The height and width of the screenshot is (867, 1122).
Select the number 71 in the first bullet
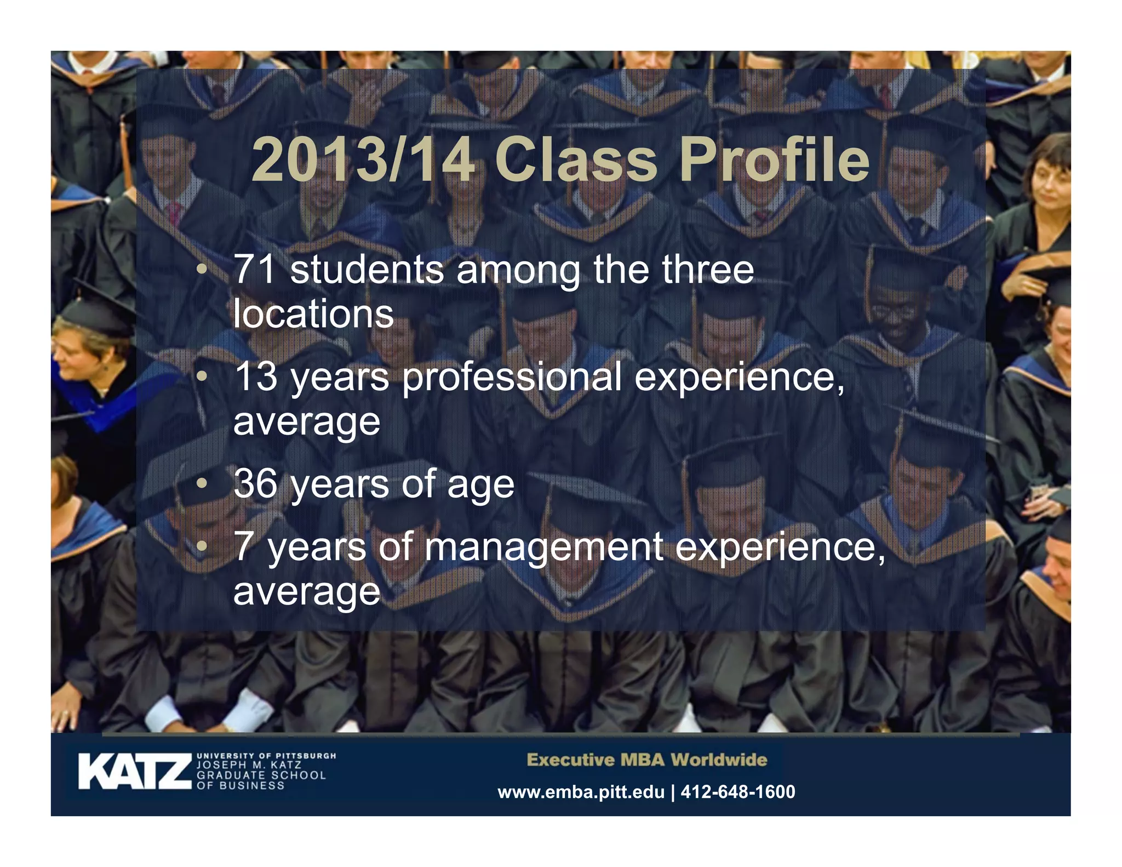click(254, 269)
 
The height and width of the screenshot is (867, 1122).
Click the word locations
click(313, 314)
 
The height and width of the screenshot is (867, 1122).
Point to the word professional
click(511, 377)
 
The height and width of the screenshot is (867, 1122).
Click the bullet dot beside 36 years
click(202, 483)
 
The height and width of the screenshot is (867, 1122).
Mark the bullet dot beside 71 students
click(202, 269)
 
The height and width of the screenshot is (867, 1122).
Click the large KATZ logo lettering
click(135, 772)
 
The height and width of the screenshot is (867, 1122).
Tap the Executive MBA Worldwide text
click(646, 760)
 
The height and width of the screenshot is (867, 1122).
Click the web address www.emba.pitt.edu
click(581, 792)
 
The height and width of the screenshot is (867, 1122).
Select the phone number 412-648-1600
click(737, 792)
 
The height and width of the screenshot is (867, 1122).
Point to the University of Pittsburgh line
click(266, 756)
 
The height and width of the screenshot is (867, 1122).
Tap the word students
click(367, 269)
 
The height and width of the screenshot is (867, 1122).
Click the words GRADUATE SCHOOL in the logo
click(261, 775)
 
